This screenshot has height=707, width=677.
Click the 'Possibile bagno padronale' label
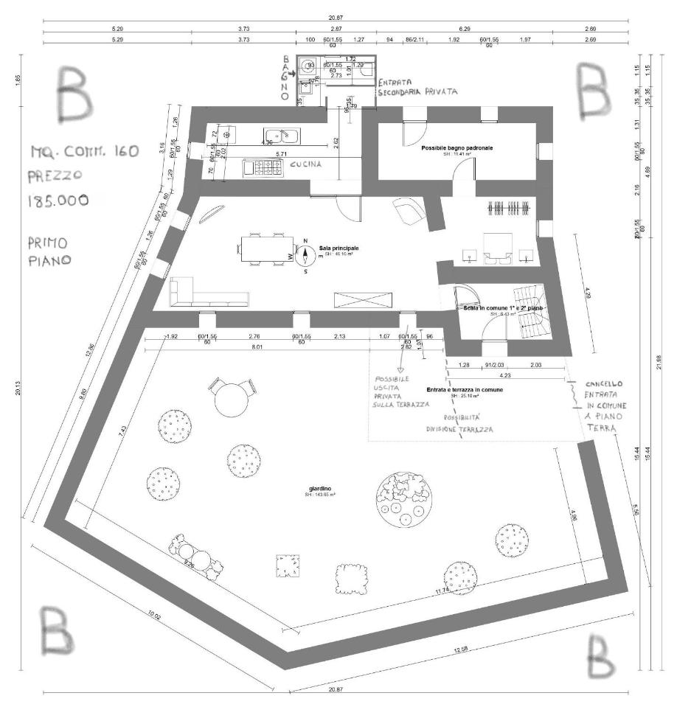[x=457, y=148]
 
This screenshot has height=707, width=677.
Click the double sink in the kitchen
[x=281, y=135]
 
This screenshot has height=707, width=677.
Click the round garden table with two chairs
[x=230, y=397]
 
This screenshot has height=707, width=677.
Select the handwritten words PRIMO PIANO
[x=47, y=251]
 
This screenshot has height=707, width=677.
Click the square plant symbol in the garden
[x=286, y=565]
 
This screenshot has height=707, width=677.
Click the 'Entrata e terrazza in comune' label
[x=465, y=389]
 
